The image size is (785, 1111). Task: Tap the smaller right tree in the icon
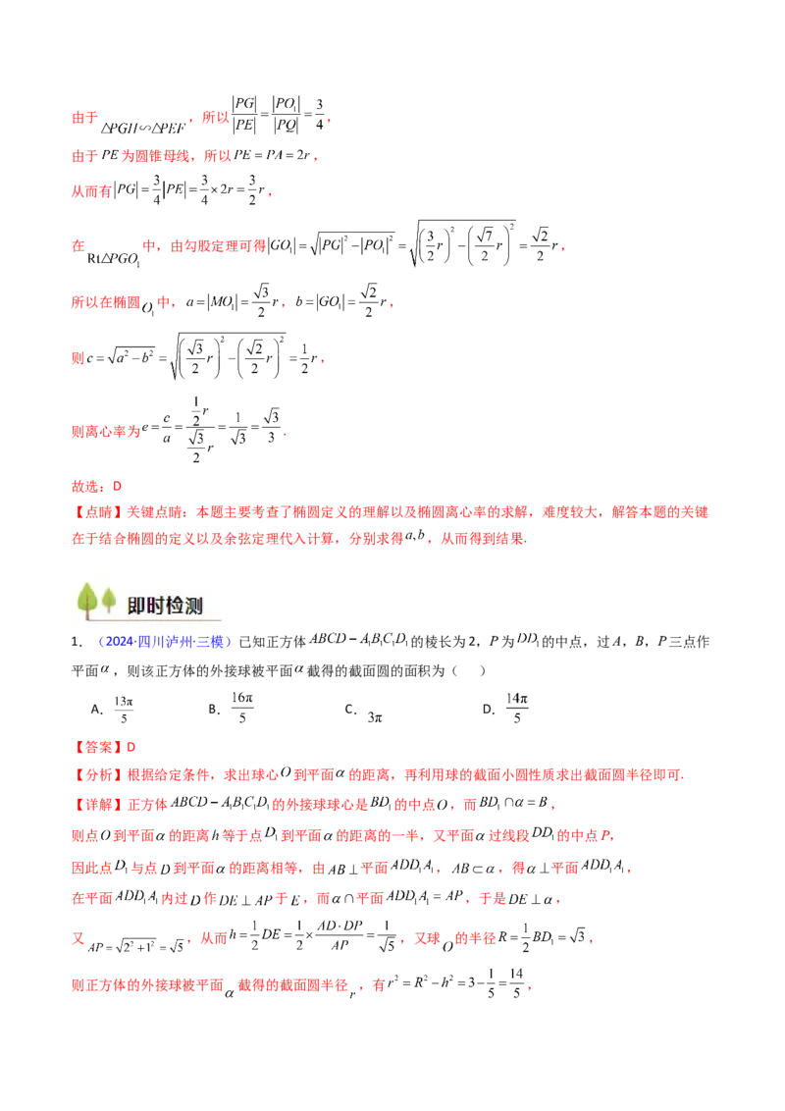108,597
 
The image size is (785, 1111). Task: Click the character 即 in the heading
138,606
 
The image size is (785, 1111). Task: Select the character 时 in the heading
159,606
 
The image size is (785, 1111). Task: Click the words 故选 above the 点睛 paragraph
81,487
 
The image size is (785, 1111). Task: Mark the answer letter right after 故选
116,487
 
